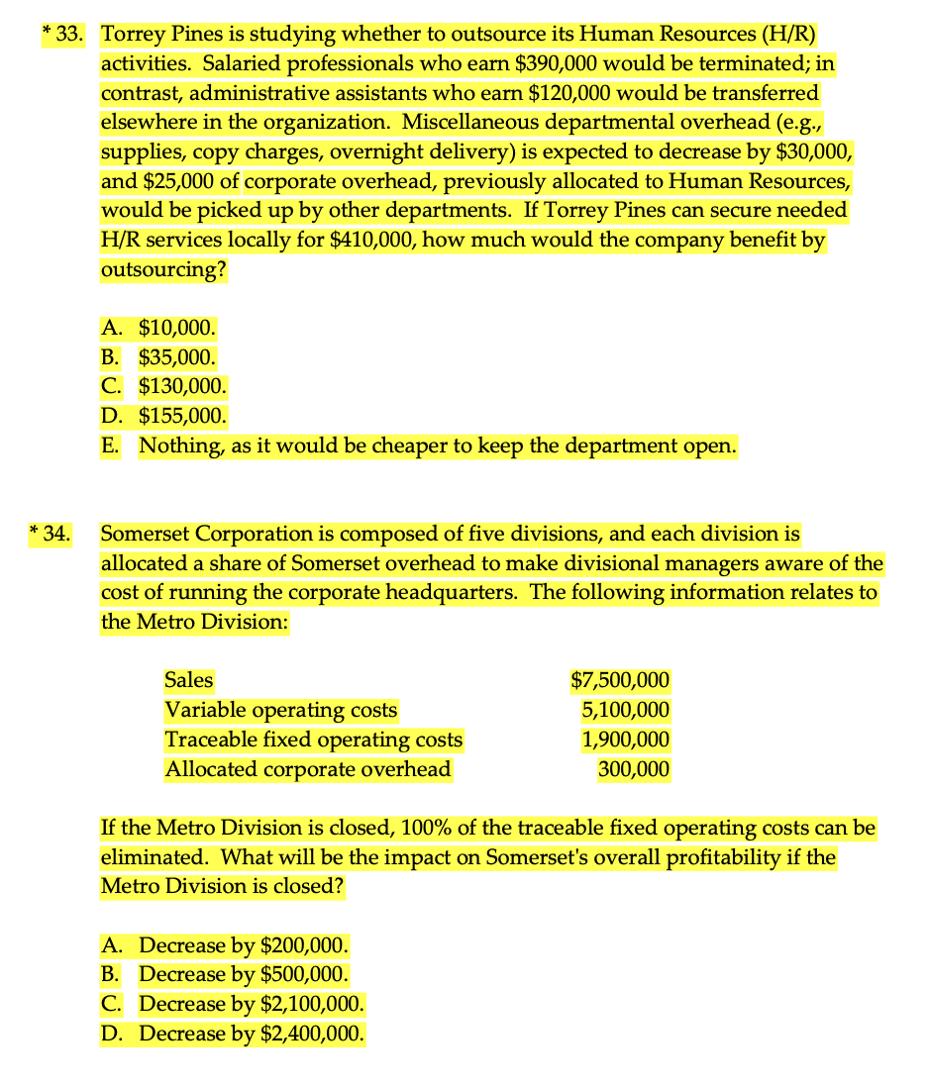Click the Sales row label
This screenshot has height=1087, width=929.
pos(188,681)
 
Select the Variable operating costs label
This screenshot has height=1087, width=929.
pos(280,711)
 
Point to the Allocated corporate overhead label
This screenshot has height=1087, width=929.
pos(307,769)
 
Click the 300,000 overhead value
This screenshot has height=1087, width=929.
pos(634,769)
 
